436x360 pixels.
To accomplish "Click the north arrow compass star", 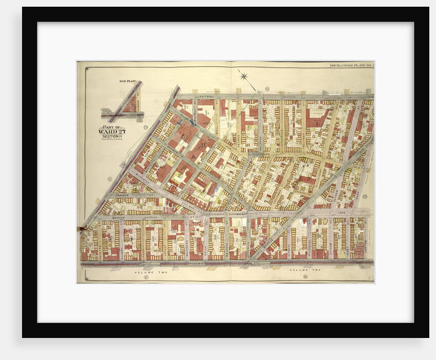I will click(x=244, y=77).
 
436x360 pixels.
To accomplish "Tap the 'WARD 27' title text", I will click(x=111, y=131).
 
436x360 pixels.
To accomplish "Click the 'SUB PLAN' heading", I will click(x=126, y=81).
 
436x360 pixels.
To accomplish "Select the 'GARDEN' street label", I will click(x=122, y=196).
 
